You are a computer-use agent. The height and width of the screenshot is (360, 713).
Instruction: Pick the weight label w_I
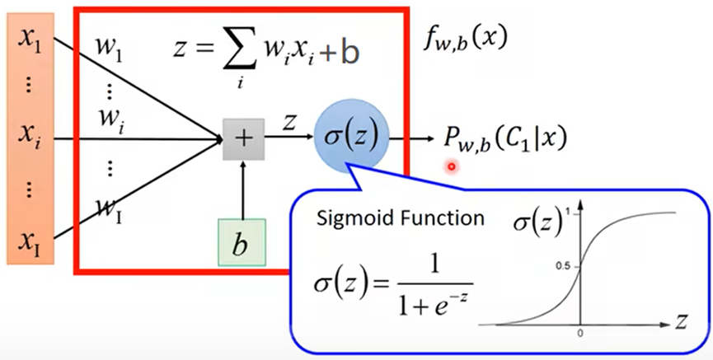coord(104,212)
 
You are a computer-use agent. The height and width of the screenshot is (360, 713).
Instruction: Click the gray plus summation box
coord(243,138)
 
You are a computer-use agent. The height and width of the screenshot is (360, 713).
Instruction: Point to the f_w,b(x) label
coord(462,37)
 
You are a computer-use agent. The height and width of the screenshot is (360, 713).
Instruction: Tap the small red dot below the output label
coord(451,167)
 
